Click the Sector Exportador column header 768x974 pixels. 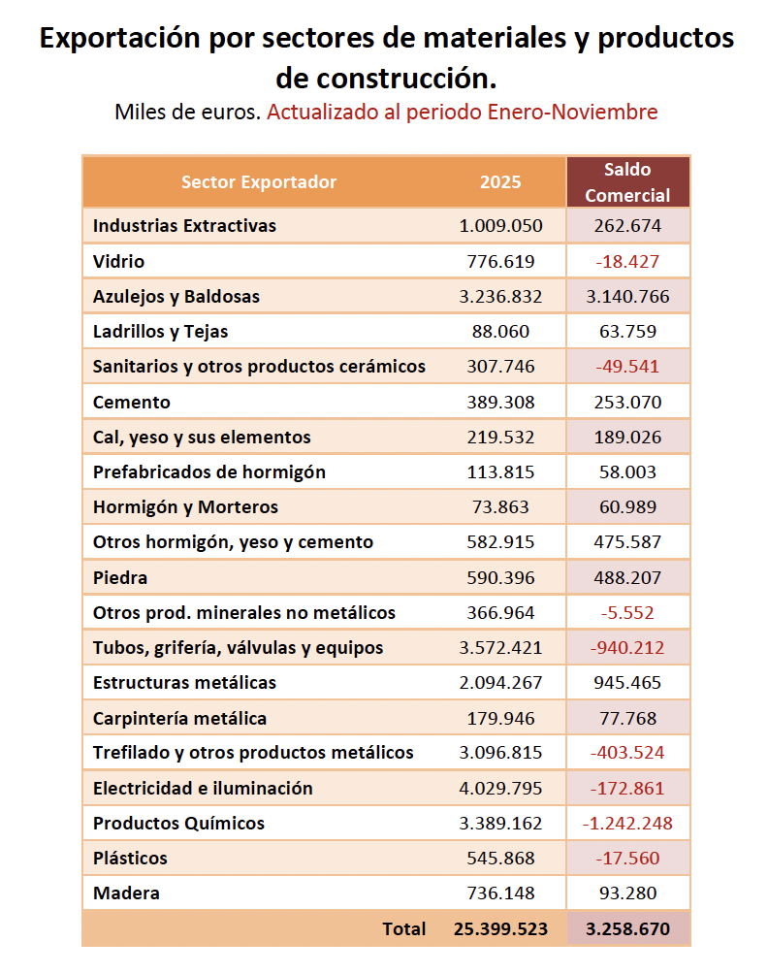pyautogui.click(x=259, y=182)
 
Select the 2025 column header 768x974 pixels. pyautogui.click(x=500, y=182)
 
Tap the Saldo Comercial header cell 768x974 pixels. pyautogui.click(x=627, y=182)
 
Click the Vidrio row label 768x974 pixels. pyautogui.click(x=118, y=261)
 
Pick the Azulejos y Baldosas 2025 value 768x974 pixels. pyautogui.click(x=500, y=296)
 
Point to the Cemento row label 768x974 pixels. pyautogui.click(x=131, y=402)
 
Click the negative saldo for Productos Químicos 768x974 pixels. pyautogui.click(x=627, y=824)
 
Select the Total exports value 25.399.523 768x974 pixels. pyautogui.click(x=500, y=928)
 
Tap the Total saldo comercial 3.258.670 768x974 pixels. pyautogui.click(x=627, y=928)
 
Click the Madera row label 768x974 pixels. pyautogui.click(x=126, y=893)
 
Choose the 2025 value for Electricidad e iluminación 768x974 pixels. pyautogui.click(x=500, y=788)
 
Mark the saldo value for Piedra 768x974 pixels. pyautogui.click(x=627, y=578)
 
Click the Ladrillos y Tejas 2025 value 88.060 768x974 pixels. pyautogui.click(x=500, y=332)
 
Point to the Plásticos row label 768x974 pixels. pyautogui.click(x=130, y=858)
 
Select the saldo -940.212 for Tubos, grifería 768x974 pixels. pyautogui.click(x=627, y=648)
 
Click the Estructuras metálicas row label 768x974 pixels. pyautogui.click(x=184, y=683)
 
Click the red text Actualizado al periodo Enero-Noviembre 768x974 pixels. pyautogui.click(x=463, y=112)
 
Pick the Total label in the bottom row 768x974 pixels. pyautogui.click(x=403, y=928)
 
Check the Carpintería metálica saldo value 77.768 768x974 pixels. pyautogui.click(x=627, y=719)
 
